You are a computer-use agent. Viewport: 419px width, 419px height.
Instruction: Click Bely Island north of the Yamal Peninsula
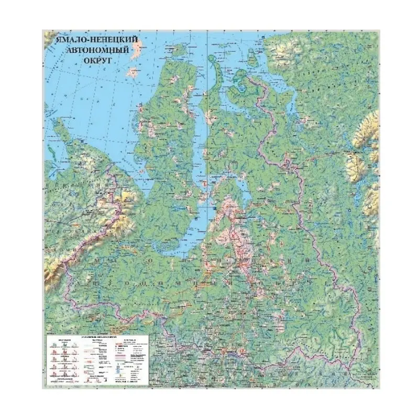[179, 50]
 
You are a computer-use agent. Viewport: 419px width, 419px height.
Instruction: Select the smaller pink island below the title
[133, 73]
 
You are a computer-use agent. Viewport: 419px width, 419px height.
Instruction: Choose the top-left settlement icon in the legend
[53, 345]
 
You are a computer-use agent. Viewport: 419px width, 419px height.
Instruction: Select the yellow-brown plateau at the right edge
[367, 152]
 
